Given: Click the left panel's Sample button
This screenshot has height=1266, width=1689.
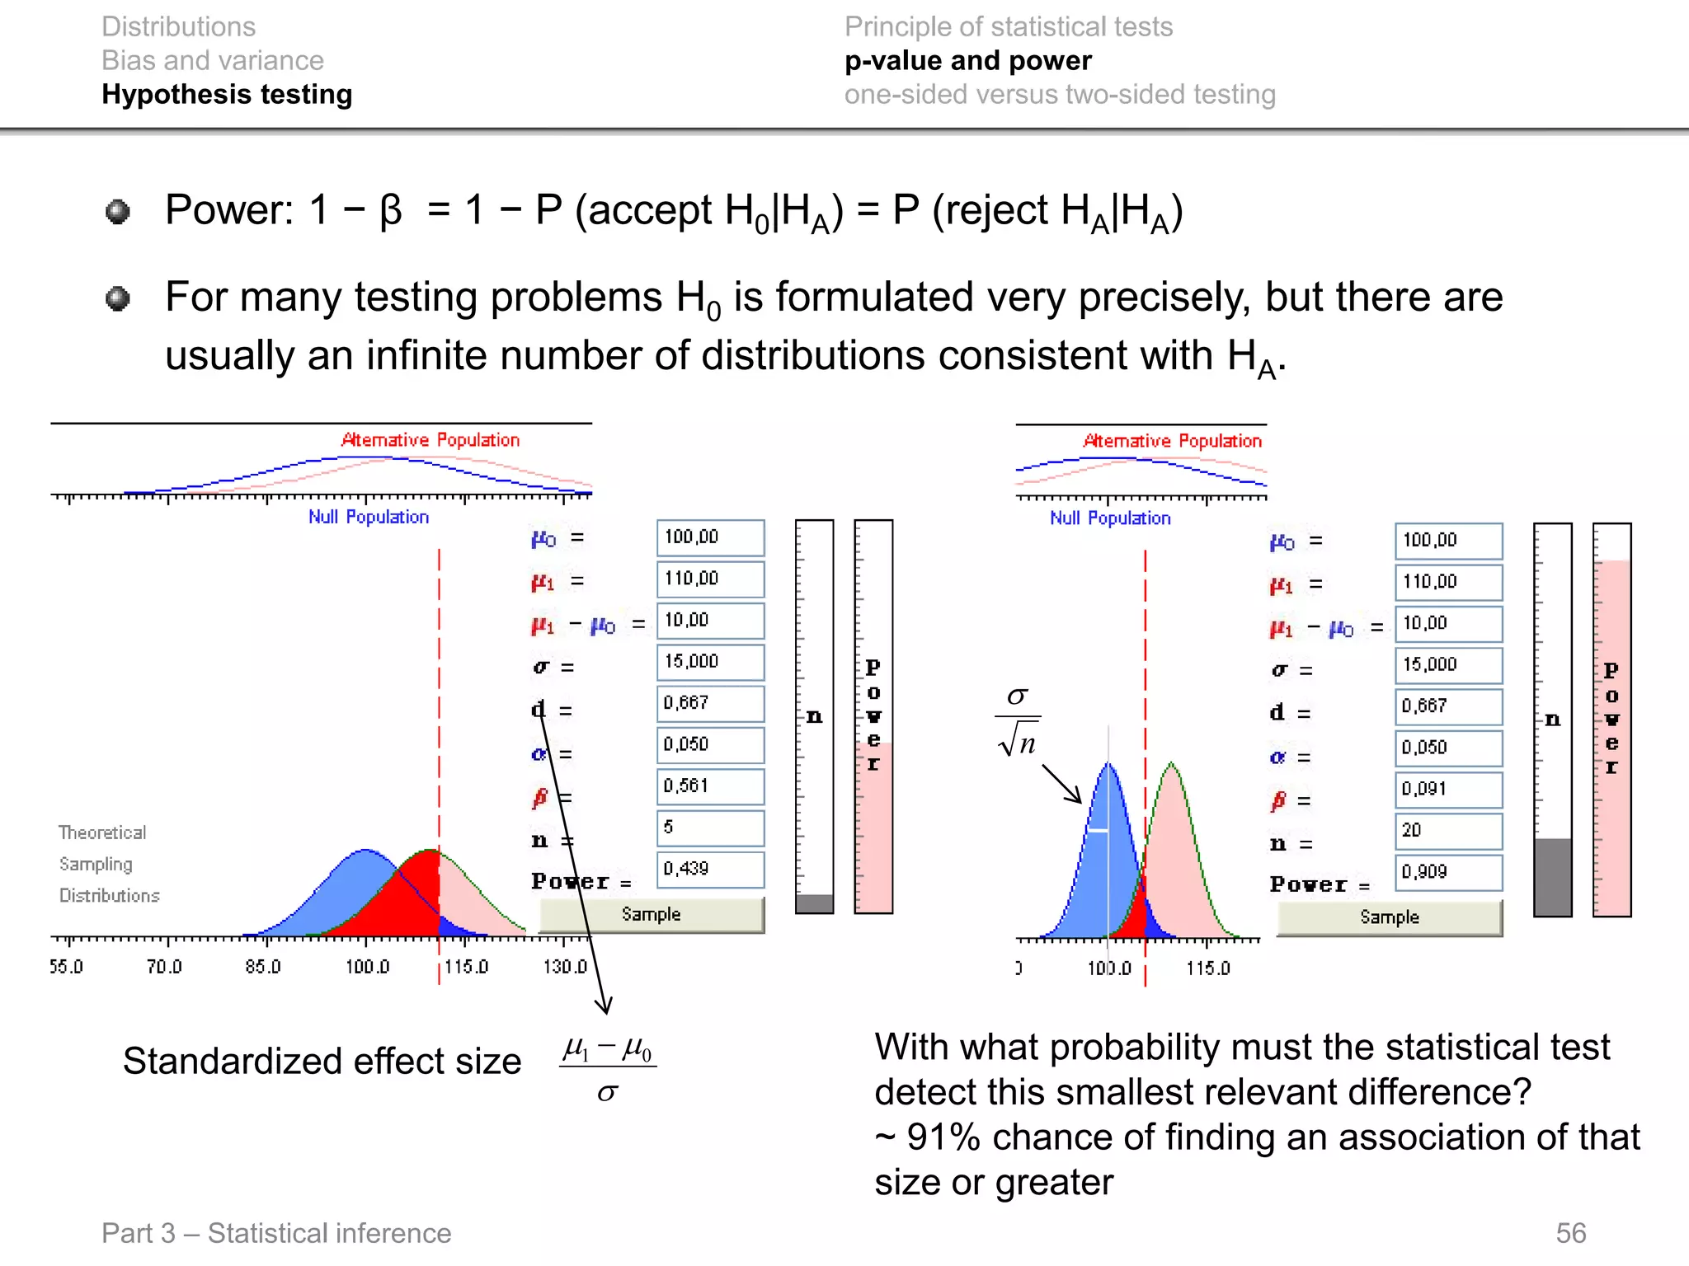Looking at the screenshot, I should [x=652, y=914].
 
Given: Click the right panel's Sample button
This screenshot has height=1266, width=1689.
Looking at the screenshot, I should [x=1390, y=917].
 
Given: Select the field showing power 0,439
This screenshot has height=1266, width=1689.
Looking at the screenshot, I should [x=710, y=869].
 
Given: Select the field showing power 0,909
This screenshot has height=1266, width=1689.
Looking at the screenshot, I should [x=1448, y=872].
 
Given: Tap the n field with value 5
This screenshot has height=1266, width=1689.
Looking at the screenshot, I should [x=710, y=828].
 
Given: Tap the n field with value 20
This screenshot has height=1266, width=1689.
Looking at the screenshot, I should [x=1448, y=831].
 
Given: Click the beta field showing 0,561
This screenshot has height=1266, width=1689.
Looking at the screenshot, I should [x=710, y=786].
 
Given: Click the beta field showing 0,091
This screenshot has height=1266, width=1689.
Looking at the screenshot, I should [x=1448, y=790].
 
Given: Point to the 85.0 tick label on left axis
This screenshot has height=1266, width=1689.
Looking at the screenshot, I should [x=263, y=967].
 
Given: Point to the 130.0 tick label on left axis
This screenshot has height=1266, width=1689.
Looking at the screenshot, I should [x=565, y=967].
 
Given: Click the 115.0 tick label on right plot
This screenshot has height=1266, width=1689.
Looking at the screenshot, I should [x=1208, y=968].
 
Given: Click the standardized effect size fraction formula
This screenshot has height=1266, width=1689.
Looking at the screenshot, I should [x=608, y=1070].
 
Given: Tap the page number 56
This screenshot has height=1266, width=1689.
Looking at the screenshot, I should [x=1570, y=1233].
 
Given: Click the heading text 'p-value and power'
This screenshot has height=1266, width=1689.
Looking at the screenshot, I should [x=967, y=61].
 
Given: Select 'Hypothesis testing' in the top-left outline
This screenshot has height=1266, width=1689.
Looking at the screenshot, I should [x=227, y=95].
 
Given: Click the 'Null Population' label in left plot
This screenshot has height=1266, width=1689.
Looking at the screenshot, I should [x=369, y=517].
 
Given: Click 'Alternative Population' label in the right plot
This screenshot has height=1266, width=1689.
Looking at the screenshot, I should [x=1172, y=441].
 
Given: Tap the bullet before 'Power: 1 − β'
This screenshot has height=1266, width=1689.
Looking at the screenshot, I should [x=118, y=212].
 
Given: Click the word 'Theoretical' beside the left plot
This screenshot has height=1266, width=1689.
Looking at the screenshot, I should [x=102, y=832].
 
